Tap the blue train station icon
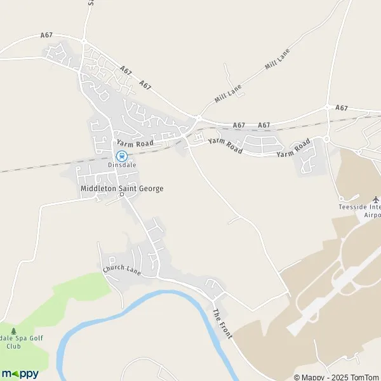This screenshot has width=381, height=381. [121, 156]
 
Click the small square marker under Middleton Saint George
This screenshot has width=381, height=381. [122, 195]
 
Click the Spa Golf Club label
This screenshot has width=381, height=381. [13, 342]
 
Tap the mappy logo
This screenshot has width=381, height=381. [20, 373]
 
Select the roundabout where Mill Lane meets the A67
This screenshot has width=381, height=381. [198, 117]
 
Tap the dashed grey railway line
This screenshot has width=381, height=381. [38, 167]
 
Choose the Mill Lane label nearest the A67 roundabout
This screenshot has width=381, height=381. [228, 95]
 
